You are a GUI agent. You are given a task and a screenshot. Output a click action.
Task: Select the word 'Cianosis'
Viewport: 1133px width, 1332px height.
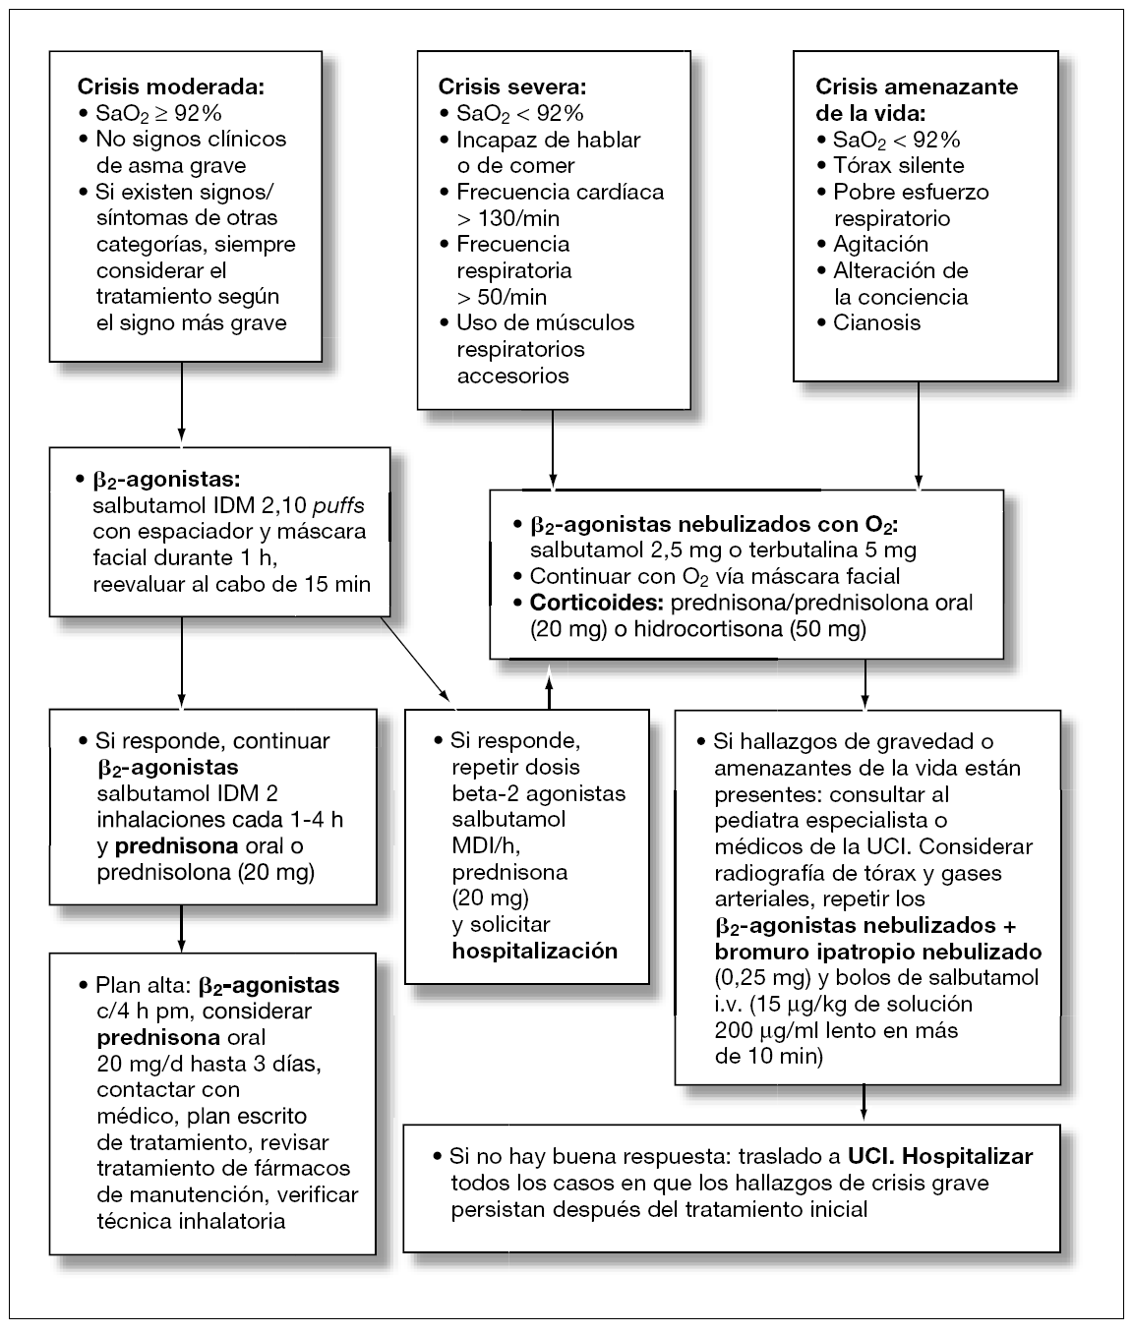click(x=877, y=322)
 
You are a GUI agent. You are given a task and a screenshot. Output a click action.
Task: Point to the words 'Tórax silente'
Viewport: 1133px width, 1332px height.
click(x=898, y=165)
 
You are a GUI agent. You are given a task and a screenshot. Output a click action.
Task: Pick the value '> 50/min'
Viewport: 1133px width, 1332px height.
click(x=502, y=296)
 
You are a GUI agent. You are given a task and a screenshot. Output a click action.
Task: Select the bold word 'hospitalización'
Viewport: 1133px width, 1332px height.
click(x=534, y=951)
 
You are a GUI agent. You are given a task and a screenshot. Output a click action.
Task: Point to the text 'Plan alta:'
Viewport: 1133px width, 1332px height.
click(x=145, y=985)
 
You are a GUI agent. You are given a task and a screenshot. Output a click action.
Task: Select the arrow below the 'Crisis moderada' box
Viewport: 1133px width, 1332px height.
click(x=182, y=403)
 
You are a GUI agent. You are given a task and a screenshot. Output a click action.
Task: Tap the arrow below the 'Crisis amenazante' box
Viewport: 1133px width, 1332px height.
click(x=918, y=433)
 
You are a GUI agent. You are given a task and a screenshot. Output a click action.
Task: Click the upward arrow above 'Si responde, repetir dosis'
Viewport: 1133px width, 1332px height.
click(x=549, y=684)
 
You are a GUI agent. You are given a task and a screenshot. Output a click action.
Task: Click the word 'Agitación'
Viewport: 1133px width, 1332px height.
click(x=880, y=244)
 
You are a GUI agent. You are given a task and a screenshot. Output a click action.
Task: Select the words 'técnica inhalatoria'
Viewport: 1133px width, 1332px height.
click(x=191, y=1221)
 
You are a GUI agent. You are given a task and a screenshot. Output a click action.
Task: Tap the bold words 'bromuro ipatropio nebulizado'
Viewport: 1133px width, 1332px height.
click(x=877, y=952)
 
